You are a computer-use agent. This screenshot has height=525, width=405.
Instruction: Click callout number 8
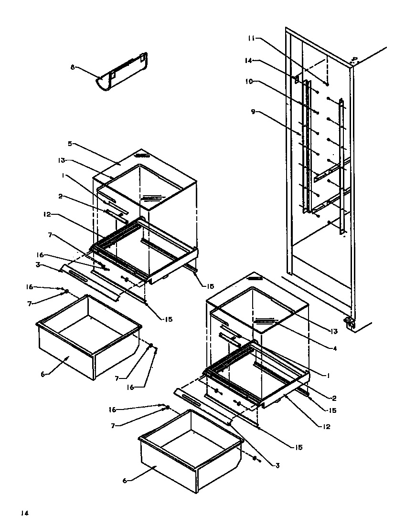coord(73,67)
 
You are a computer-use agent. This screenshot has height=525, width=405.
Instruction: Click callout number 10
coord(250,82)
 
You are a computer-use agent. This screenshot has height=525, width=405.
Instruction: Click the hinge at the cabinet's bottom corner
coord(350,323)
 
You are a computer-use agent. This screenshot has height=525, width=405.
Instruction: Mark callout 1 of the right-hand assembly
coord(329,375)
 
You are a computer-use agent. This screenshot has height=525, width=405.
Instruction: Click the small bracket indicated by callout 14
coord(297,78)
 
